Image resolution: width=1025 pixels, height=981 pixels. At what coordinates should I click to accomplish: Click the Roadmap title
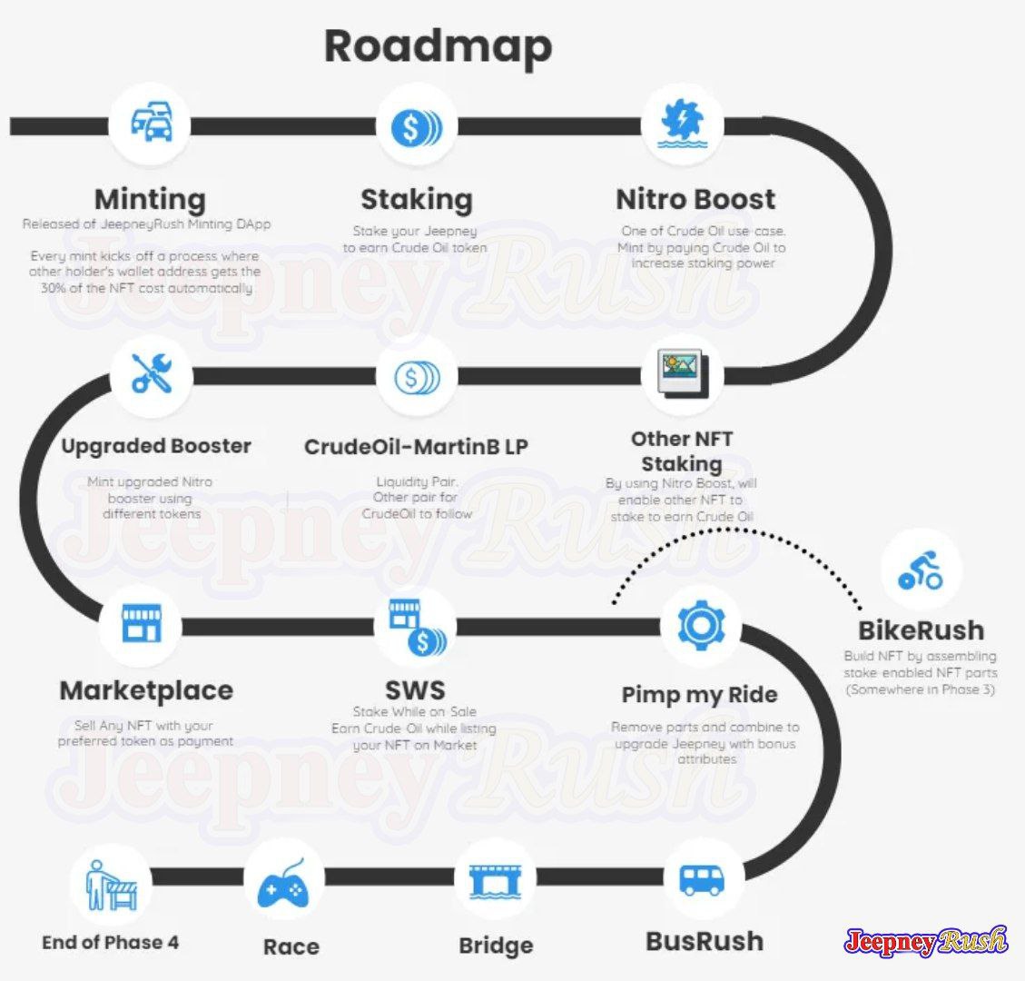click(438, 47)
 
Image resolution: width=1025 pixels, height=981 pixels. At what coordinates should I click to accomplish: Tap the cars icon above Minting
click(151, 123)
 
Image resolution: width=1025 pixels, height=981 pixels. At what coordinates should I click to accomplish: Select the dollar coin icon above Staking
click(417, 127)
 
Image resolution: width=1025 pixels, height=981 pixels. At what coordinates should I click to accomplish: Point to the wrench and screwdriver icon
click(152, 372)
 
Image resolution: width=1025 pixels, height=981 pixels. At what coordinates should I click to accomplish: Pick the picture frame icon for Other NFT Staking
click(683, 374)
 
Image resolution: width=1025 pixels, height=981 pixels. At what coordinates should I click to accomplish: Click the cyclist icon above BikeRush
click(921, 570)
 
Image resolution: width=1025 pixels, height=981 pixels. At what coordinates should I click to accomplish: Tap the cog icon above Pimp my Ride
click(701, 625)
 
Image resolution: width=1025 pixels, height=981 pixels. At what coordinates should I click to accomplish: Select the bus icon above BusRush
click(702, 879)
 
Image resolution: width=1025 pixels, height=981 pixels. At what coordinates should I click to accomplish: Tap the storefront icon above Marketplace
click(142, 622)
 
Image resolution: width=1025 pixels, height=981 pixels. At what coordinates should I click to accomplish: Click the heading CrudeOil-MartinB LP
click(416, 447)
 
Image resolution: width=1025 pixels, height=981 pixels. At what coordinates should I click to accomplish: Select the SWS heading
click(415, 690)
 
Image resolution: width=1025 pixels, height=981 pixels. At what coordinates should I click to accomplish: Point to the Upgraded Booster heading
click(156, 447)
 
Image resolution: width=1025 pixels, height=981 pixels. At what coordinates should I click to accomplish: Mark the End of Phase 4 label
click(110, 943)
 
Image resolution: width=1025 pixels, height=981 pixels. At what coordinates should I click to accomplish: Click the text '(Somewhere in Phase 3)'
click(921, 689)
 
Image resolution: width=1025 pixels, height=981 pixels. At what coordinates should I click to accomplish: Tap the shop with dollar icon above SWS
click(417, 627)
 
